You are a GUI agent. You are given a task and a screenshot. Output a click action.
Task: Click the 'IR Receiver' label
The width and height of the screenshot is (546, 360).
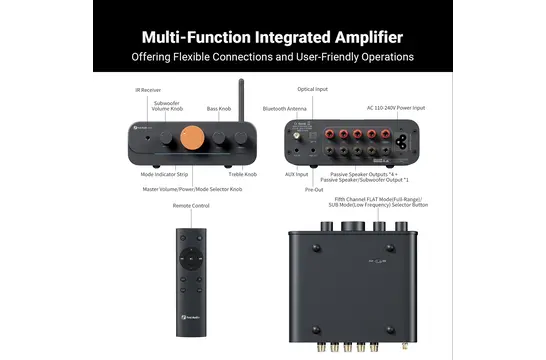pyautogui.click(x=149, y=90)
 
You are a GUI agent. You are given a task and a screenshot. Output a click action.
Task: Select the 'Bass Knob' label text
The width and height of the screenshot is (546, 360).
pyautogui.click(x=219, y=108)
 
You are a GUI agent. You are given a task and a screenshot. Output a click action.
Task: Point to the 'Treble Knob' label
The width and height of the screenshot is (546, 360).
pyautogui.click(x=242, y=174)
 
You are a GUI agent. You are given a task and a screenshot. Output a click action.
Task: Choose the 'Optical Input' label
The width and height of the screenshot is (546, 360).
pyautogui.click(x=312, y=89)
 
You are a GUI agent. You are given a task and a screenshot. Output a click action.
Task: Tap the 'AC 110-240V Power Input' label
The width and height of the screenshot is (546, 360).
pyautogui.click(x=397, y=108)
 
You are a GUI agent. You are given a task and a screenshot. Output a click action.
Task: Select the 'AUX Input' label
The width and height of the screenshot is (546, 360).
pyautogui.click(x=296, y=174)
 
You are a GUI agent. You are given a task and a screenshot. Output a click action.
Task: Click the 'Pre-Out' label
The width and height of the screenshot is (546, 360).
pyautogui.click(x=314, y=188)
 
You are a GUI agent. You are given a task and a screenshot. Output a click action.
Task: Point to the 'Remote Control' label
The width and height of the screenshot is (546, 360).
pyautogui.click(x=193, y=206)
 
